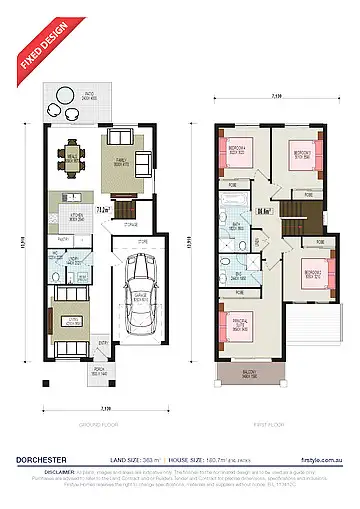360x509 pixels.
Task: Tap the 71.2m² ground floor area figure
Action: tap(102, 211)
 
